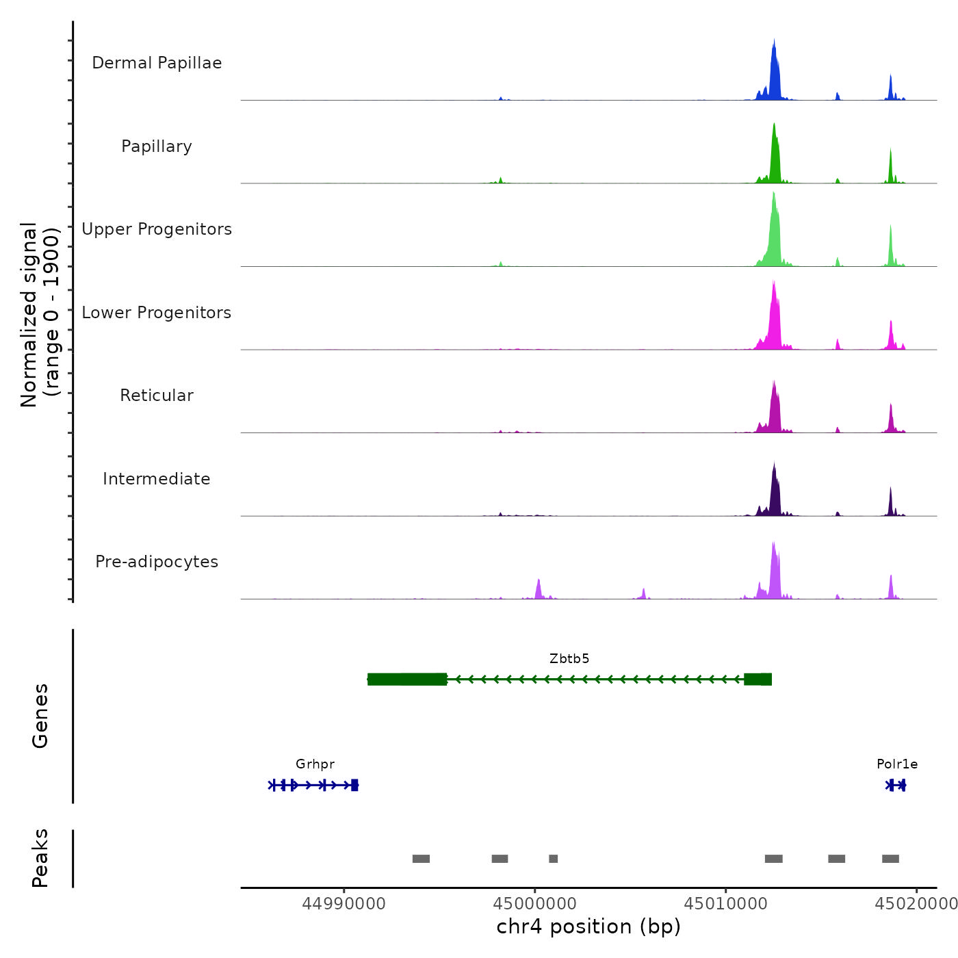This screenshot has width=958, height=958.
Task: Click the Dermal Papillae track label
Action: pos(157,63)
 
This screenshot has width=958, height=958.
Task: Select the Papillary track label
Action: pos(157,146)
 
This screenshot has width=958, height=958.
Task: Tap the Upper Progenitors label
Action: pos(157,229)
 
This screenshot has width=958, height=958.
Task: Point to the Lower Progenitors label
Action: pos(157,313)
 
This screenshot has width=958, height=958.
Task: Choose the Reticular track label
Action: pos(157,396)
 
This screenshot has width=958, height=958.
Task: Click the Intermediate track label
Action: pos(157,479)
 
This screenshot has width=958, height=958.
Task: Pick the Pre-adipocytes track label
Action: pos(157,562)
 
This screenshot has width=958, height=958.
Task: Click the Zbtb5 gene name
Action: pos(569,659)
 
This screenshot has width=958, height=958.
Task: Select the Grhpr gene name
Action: pos(315,764)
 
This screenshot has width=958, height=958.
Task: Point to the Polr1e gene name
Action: pos(897,764)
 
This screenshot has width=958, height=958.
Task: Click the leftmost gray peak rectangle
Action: pos(421,859)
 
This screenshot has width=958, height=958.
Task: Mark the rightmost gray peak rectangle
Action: pos(890,859)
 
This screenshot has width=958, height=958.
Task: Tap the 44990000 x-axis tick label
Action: pos(344,904)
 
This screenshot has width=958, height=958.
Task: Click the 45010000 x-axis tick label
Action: pos(726,904)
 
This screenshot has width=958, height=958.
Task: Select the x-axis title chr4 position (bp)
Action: pos(588,927)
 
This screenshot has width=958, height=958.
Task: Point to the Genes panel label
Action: pos(40,716)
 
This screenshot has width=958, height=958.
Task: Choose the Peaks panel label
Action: pos(40,858)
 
